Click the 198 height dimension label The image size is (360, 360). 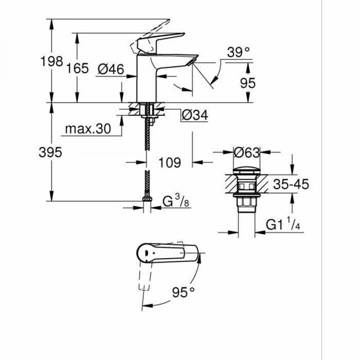(x=51, y=61)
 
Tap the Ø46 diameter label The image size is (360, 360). (x=111, y=70)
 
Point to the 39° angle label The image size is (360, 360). (x=238, y=51)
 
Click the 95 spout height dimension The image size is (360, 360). (x=247, y=83)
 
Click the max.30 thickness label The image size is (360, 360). (x=87, y=129)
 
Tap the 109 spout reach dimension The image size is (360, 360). (x=168, y=162)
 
